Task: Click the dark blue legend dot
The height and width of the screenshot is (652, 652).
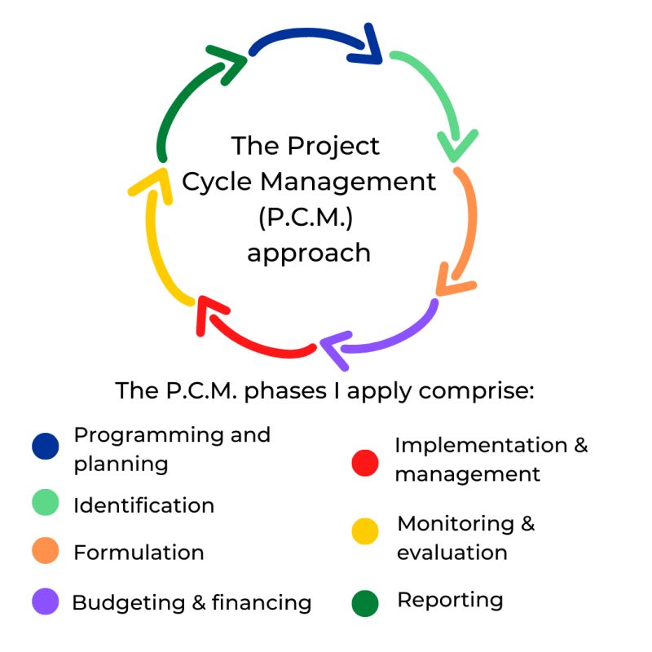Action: point(46,447)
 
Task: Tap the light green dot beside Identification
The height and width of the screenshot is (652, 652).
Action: point(46,503)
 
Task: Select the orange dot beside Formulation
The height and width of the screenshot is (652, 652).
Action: point(46,551)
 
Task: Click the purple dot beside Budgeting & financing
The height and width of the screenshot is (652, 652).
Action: point(46,601)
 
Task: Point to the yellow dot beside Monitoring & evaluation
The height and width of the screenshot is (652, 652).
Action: point(365,531)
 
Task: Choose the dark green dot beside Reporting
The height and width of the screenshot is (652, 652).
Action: point(365,603)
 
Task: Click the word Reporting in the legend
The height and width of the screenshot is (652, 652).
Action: point(450,601)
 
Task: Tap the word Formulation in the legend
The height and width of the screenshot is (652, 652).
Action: point(139,553)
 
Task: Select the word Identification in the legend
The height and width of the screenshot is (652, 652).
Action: point(143,505)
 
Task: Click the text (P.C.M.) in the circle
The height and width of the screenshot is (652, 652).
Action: point(309,218)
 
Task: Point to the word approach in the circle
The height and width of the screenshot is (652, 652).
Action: point(309,253)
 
